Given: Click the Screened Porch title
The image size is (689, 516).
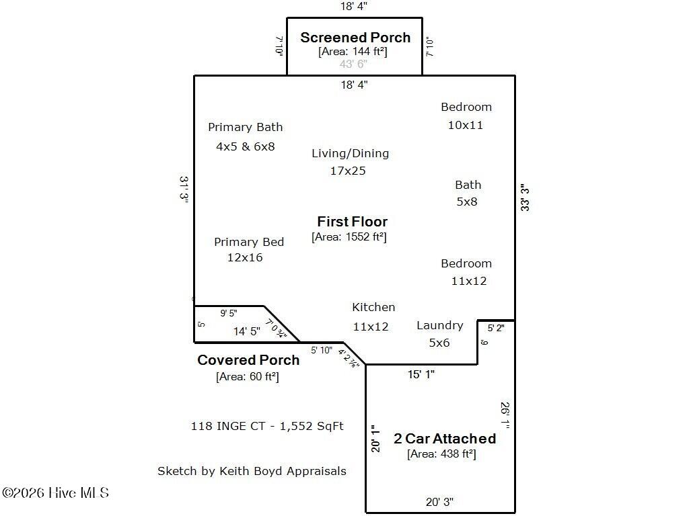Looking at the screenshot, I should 355,38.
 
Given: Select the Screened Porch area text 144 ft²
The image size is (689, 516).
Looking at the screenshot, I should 353,51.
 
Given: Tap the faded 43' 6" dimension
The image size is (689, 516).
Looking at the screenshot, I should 353,64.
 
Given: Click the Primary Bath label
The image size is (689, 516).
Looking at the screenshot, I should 245,127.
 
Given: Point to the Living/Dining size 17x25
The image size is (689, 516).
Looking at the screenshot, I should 348,171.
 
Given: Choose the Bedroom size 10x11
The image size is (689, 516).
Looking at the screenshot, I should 466,125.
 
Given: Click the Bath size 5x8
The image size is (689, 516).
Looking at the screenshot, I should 466,202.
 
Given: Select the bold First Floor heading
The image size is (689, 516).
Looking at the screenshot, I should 352,222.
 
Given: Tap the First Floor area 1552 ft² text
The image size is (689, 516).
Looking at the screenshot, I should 349,236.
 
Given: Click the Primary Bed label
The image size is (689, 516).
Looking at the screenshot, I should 249,242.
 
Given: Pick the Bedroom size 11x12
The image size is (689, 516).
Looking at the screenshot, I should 468,281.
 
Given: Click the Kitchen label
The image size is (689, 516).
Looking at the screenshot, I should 373,307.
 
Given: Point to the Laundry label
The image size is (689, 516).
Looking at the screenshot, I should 439,325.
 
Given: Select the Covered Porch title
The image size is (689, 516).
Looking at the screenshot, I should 248,360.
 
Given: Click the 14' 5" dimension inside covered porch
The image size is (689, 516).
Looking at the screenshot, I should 246,331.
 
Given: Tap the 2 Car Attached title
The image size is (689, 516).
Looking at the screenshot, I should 445,439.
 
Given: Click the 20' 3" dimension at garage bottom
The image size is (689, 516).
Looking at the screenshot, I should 439,502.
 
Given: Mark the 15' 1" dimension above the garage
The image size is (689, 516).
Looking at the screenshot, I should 421,374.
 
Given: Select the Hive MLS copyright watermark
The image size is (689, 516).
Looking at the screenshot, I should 55,493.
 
